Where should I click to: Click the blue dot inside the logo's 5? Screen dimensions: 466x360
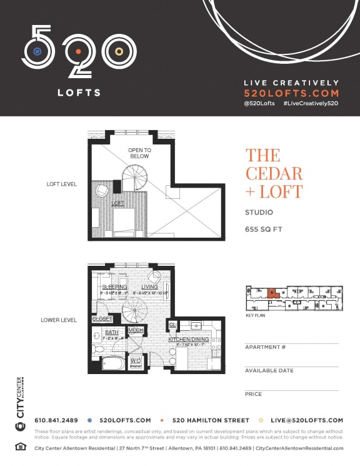37,51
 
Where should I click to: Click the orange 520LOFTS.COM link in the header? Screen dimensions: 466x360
291,92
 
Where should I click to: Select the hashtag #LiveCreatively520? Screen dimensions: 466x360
310,103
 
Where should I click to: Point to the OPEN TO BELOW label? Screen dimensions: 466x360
139,153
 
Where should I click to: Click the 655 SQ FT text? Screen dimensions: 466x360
264,230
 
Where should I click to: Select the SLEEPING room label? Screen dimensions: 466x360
114,287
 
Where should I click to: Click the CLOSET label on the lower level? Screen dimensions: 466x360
102,319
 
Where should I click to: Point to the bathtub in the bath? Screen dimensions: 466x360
114,363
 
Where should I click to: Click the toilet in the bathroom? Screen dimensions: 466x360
97,348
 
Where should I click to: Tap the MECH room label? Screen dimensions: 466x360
136,330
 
